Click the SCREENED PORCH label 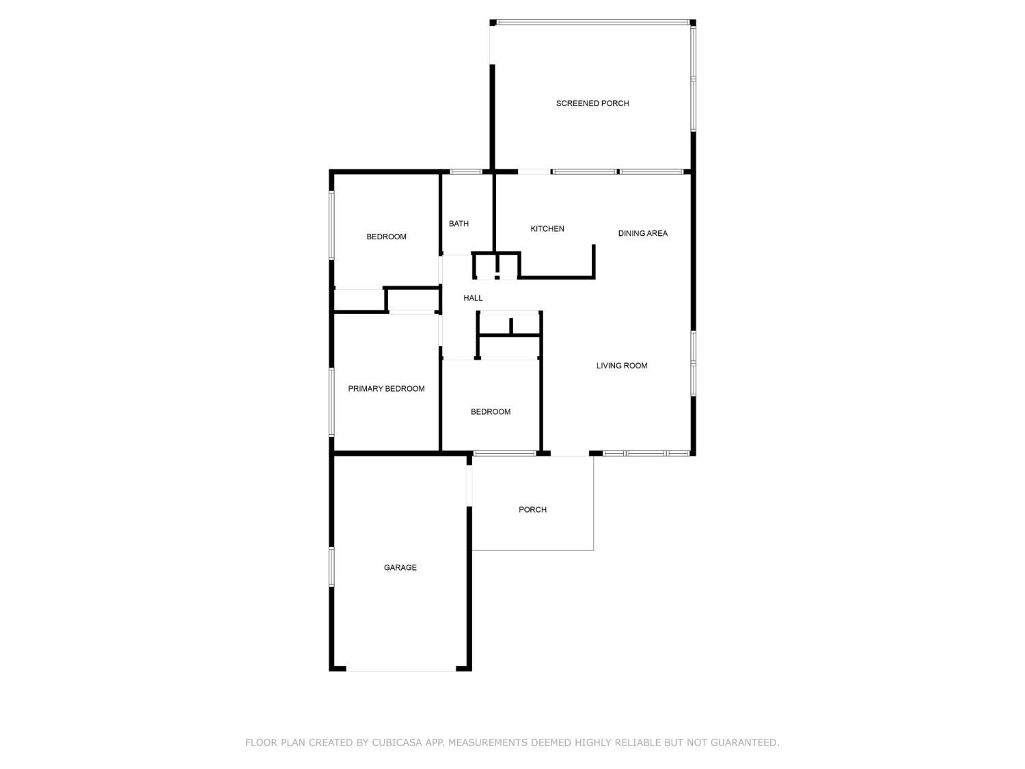(592, 103)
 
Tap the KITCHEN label (547, 229)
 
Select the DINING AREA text (642, 233)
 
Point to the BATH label (459, 224)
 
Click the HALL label (473, 298)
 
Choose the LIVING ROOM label (621, 366)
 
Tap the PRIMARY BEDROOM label (386, 389)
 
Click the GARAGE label (400, 567)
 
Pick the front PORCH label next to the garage (532, 509)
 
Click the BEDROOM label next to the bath (386, 237)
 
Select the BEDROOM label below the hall (490, 412)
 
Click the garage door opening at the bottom (401, 669)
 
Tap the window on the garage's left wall (331, 567)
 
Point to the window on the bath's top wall (465, 172)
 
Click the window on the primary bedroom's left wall (331, 401)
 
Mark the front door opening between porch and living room (570, 454)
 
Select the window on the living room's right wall (693, 364)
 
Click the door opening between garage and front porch (469, 485)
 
